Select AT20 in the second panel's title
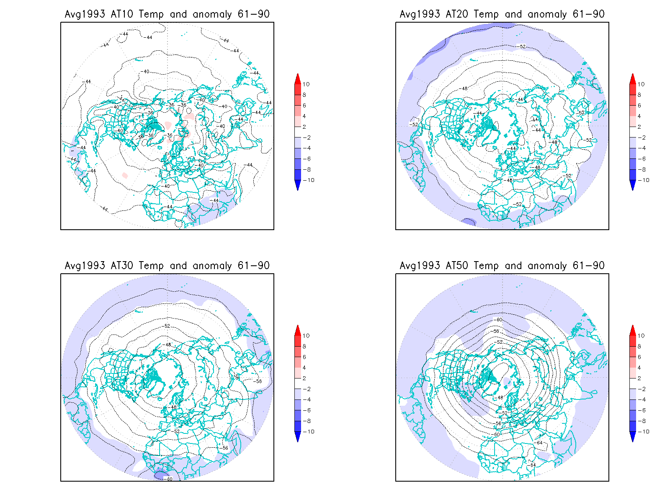pyautogui.click(x=457, y=14)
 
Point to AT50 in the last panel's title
pyautogui.click(x=457, y=266)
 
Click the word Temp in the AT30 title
pyautogui.click(x=151, y=266)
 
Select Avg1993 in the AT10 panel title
pyautogui.click(x=85, y=14)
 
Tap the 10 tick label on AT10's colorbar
pyautogui.click(x=306, y=84)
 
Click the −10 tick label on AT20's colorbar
pyautogui.click(x=644, y=180)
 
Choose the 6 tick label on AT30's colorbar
pyautogui.click(x=304, y=357)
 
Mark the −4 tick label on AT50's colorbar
pyautogui.click(x=642, y=400)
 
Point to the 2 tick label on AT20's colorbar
pyautogui.click(x=639, y=127)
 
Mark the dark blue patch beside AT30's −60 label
pyautogui.click(x=159, y=475)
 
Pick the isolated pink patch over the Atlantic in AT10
pyautogui.click(x=124, y=175)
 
